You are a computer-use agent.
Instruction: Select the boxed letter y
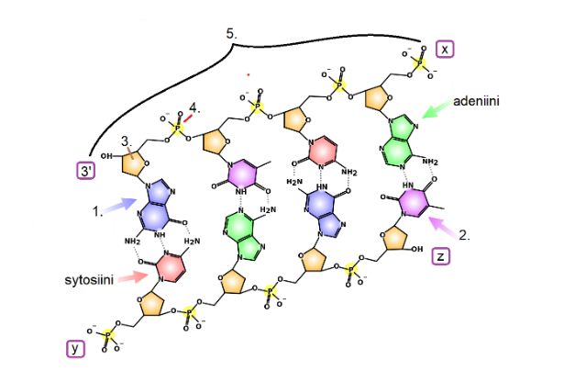76,348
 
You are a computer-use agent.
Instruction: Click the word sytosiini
89,278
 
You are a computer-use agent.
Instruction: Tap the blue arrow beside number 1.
116,207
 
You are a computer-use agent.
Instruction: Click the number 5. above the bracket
232,33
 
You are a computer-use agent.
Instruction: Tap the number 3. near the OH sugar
127,141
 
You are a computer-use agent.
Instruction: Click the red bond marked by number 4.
187,117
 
